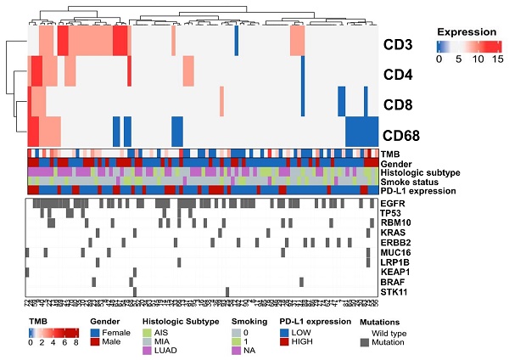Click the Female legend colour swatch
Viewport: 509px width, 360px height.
click(96, 334)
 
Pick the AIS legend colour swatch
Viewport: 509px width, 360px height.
click(148, 334)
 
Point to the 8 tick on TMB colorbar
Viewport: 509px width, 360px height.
click(76, 344)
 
